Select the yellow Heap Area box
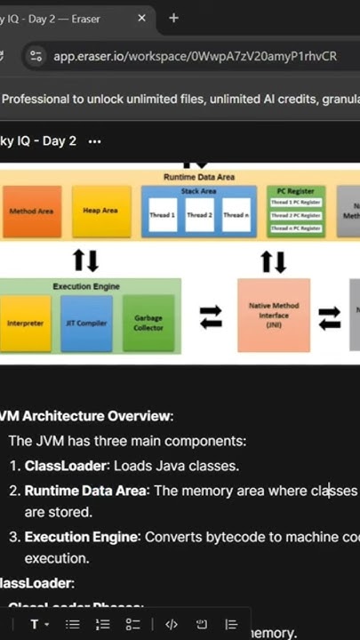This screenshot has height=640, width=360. coord(101,211)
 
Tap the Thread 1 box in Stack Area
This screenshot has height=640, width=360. coord(163,214)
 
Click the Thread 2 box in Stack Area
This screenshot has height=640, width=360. coord(199,214)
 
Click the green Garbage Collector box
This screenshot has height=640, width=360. coord(148,322)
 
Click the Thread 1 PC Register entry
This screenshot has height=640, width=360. coord(297,203)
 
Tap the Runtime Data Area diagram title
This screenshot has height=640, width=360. coord(199,177)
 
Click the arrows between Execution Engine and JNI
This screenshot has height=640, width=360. coord(211,317)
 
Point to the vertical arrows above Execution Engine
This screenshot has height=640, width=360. coord(85,260)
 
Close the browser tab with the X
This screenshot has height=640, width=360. coord(142,18)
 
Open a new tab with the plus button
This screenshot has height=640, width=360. coord(173,18)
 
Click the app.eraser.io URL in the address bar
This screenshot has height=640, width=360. coord(195,56)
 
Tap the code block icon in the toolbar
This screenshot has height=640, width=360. coord(172,624)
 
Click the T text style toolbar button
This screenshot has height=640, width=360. coord(36,624)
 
